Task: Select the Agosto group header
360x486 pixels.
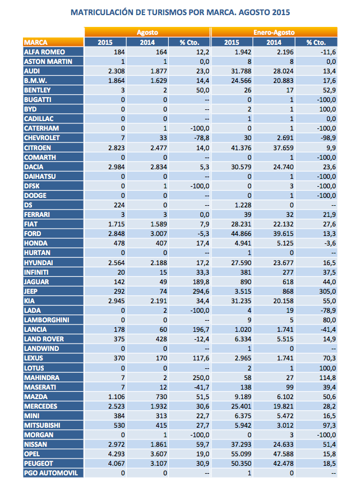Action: (x=147, y=33)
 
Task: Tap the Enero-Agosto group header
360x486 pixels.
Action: (x=274, y=33)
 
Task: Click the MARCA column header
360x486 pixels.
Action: (x=36, y=42)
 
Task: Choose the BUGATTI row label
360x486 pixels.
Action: (x=38, y=99)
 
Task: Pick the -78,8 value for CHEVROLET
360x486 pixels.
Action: (x=200, y=137)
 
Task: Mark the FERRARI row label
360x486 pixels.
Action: (x=37, y=214)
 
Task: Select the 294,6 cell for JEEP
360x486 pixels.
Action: (x=200, y=290)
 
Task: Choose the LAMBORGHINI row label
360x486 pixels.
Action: (x=45, y=319)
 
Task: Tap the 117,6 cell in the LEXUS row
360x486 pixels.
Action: (x=200, y=357)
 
